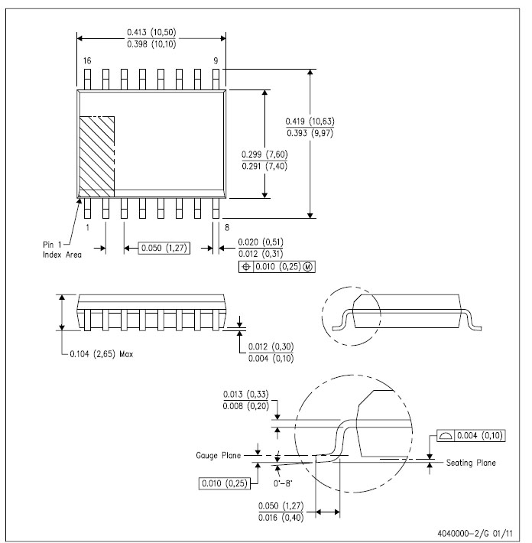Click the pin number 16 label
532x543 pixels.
point(87,61)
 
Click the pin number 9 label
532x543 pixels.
point(216,61)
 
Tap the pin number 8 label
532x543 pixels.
point(227,227)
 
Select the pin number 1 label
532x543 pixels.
point(88,227)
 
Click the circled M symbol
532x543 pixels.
point(308,267)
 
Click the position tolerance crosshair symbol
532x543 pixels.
point(246,267)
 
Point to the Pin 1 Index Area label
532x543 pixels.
point(62,249)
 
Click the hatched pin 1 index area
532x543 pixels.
point(97,157)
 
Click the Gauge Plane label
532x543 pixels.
point(218,455)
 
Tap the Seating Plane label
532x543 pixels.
point(471,463)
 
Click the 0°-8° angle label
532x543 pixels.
point(283,483)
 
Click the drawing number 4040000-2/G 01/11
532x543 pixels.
point(475,533)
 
